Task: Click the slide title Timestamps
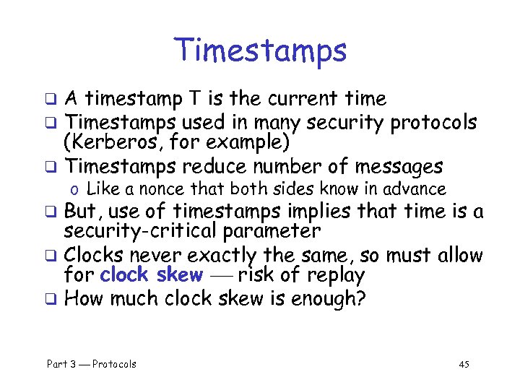coord(260,51)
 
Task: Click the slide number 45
coord(464,364)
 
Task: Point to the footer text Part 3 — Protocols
coord(92,364)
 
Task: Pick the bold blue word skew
coord(179,275)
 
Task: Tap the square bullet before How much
coord(51,300)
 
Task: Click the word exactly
coord(221,256)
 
